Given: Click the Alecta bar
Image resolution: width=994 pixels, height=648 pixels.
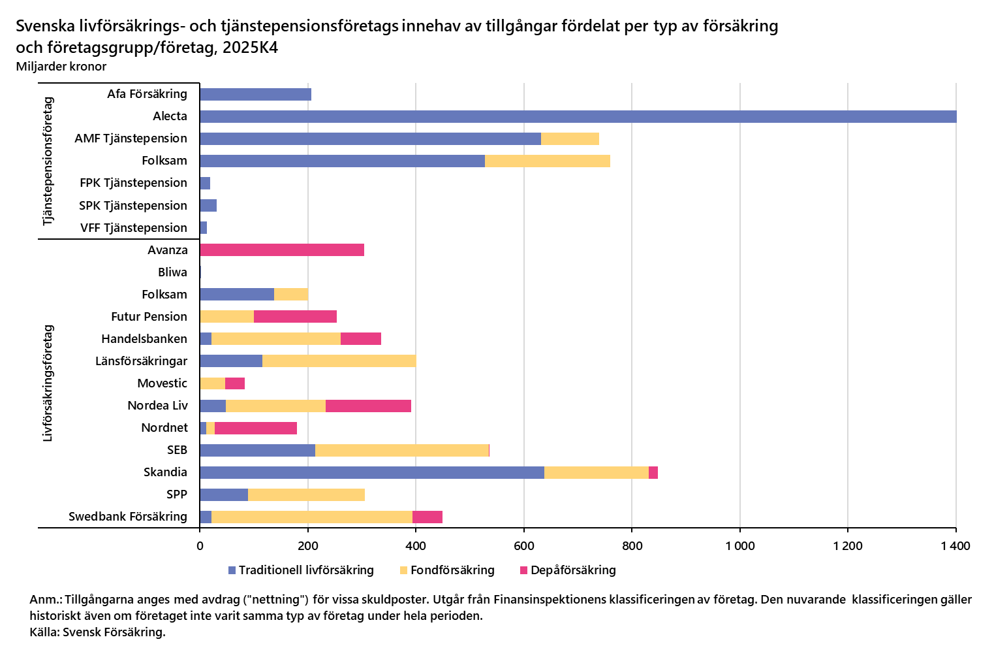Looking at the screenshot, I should click(x=578, y=116).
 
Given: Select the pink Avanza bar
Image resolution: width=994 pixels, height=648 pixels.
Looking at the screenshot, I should click(x=282, y=250).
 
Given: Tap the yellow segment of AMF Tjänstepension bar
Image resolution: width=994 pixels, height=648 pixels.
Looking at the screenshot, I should click(x=570, y=138).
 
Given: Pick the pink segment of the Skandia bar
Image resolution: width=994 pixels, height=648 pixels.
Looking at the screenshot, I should click(x=653, y=472).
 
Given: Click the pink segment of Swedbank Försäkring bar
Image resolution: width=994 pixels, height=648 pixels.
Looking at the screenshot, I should click(x=427, y=517).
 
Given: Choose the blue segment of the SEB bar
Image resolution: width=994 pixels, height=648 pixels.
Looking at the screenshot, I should click(x=257, y=450).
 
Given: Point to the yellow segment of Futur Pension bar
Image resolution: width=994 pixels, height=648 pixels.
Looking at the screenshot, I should click(x=227, y=317).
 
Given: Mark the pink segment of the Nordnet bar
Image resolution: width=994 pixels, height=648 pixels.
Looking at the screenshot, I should click(x=256, y=428).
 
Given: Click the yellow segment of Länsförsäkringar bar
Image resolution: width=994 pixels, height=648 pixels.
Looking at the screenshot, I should click(x=339, y=361).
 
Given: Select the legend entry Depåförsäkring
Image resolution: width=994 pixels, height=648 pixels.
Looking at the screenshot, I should click(x=572, y=570).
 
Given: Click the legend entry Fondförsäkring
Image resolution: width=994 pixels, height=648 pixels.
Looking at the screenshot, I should click(x=452, y=570).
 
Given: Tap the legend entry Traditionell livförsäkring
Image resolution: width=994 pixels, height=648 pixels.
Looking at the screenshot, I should click(x=305, y=570).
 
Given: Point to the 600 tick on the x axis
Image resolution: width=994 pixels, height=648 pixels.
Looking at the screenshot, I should click(x=524, y=546).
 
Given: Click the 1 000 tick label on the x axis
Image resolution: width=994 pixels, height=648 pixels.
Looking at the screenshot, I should click(x=739, y=546).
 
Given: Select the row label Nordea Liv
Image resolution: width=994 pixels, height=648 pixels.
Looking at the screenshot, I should click(x=157, y=406).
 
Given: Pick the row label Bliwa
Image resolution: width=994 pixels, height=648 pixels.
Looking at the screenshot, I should click(x=172, y=272).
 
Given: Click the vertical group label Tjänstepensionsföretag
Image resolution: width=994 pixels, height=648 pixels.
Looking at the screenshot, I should click(x=48, y=161).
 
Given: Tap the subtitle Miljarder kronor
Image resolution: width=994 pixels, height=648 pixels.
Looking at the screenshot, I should click(x=61, y=66).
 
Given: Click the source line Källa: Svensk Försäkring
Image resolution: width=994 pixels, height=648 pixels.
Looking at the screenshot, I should click(x=97, y=632).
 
